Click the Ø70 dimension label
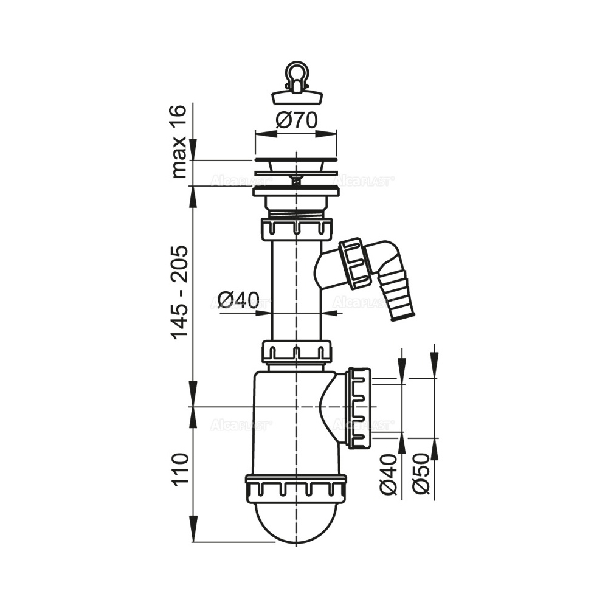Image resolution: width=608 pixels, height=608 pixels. pyautogui.click(x=297, y=120)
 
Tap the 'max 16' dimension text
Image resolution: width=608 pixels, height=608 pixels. pyautogui.click(x=179, y=142)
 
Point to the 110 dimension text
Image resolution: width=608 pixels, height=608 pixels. pyautogui.click(x=181, y=469)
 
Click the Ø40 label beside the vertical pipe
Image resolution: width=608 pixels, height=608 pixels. pyautogui.click(x=238, y=300)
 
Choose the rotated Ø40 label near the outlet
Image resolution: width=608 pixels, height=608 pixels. pyautogui.click(x=389, y=474)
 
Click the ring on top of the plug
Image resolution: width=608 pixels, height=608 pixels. pyautogui.click(x=297, y=74)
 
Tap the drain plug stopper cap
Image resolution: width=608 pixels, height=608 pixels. pyautogui.click(x=297, y=97)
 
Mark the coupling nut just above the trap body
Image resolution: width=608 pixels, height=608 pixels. pyautogui.click(x=297, y=351)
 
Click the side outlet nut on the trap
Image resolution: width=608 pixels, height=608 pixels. pyautogui.click(x=359, y=408)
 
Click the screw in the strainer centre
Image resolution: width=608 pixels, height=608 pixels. pyautogui.click(x=297, y=181)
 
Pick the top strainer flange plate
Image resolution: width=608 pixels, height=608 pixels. pyautogui.click(x=295, y=159)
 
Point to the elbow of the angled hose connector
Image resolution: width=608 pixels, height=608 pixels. pyautogui.click(x=388, y=257)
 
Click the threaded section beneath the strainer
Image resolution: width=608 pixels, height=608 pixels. pyautogui.click(x=297, y=214)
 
